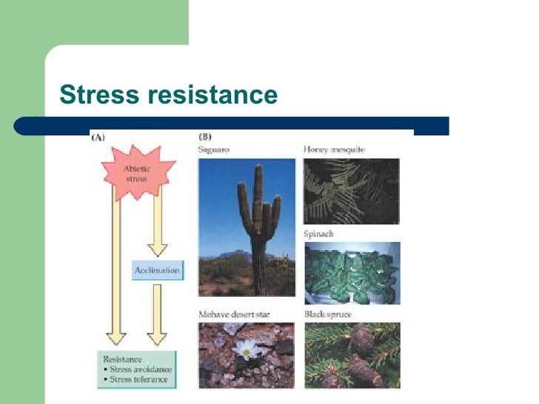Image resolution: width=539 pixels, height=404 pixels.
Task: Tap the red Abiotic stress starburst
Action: (136, 174)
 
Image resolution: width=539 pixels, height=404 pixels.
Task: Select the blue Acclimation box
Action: (157, 270)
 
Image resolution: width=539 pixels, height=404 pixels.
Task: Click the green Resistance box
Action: (136, 369)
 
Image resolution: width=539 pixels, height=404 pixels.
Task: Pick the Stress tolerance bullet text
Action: (137, 380)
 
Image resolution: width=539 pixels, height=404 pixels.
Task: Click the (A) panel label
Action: (98, 138)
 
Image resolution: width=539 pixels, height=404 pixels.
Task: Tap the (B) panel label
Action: (206, 138)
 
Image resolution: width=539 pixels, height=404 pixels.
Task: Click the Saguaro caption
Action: (214, 150)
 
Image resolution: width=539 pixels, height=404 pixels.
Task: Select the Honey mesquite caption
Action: (334, 150)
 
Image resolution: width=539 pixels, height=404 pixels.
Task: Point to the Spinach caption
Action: (318, 234)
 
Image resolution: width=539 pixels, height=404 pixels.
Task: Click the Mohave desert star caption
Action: (234, 314)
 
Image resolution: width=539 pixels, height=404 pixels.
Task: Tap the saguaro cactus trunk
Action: (258, 244)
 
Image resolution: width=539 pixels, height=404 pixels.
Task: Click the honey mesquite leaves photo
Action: (351, 190)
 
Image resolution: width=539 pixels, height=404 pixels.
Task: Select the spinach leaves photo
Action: (351, 273)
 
